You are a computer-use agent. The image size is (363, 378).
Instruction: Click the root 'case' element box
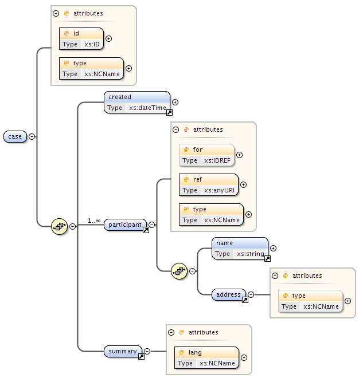pos(15,136)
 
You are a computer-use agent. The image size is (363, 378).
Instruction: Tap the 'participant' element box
pos(126,225)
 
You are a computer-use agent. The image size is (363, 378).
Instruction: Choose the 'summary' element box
pos(123,351)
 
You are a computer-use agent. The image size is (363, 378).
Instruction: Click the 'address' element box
pos(228,294)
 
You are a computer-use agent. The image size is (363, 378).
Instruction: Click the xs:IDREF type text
pos(217,160)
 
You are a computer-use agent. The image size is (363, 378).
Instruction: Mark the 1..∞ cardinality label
pos(94,220)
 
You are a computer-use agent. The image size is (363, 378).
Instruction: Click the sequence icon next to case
pos(60,226)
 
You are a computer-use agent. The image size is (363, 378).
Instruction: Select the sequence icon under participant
pos(179,271)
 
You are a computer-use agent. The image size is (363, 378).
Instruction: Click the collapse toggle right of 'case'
pos(32,136)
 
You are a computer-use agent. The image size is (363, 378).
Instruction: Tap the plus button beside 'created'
pos(175,102)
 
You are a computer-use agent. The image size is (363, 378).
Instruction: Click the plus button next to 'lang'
pos(244,357)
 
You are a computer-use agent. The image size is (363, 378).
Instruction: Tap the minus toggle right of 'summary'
pos(147,351)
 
